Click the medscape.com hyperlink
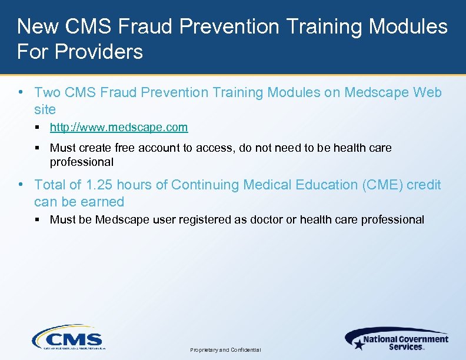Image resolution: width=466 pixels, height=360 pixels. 119,127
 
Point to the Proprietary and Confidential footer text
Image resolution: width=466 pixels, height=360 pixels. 225,350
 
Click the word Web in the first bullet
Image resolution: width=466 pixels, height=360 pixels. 428,92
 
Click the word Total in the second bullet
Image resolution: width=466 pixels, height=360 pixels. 49,185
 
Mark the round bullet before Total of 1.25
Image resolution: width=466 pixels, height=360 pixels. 21,184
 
